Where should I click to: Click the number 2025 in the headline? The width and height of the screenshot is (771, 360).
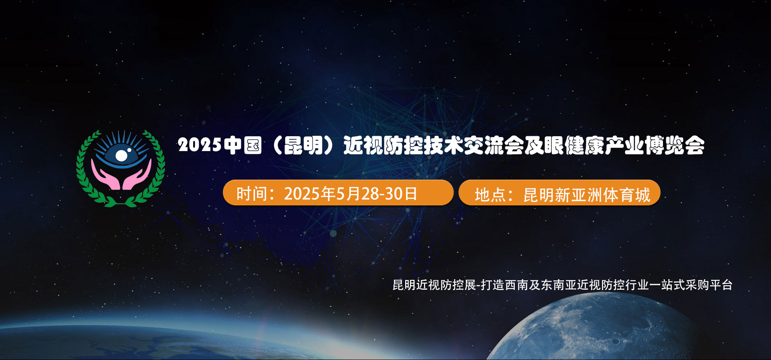[x=200, y=145]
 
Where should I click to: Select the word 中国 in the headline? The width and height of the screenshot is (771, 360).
[x=243, y=145]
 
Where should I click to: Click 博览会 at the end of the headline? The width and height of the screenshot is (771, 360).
[x=675, y=145]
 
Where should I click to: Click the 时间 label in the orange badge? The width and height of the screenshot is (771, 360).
[x=252, y=194]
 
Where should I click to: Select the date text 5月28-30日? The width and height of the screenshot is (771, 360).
[x=376, y=194]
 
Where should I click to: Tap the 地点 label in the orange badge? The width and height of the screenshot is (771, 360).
[x=490, y=195]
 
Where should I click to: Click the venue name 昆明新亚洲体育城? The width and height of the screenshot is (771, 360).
[x=587, y=195]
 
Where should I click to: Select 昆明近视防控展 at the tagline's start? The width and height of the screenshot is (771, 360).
[x=434, y=285]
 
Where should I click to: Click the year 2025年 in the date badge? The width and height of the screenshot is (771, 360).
[x=310, y=194]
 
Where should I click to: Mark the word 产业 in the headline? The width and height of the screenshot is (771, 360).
[x=624, y=145]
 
